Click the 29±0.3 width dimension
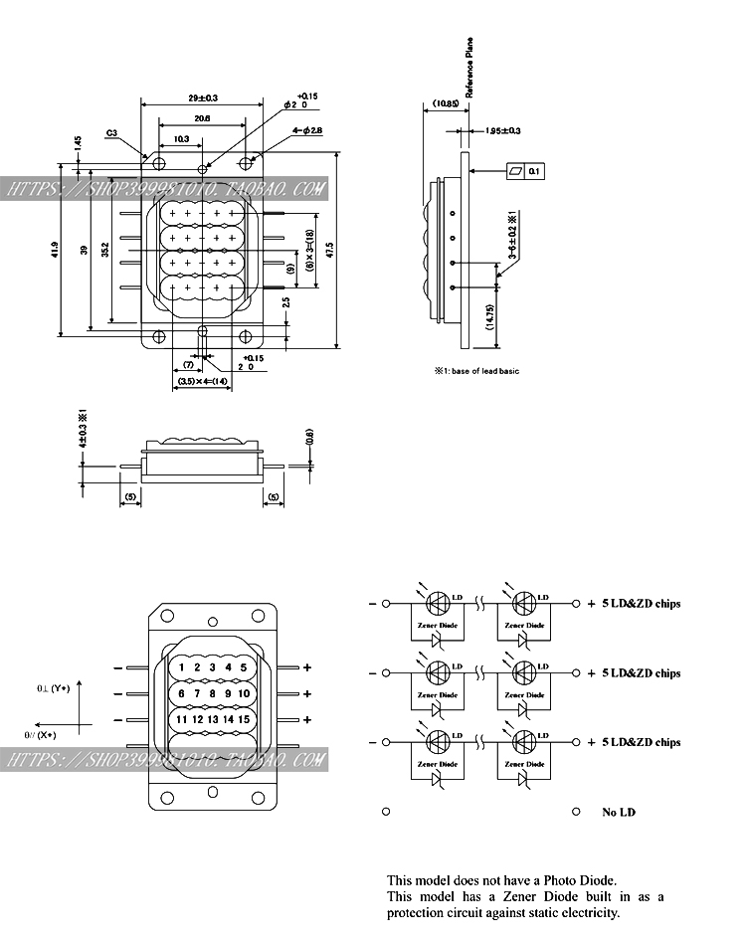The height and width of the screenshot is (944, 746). (203, 97)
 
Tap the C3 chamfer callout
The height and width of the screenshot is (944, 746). (112, 131)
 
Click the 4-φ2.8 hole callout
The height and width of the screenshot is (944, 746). (306, 130)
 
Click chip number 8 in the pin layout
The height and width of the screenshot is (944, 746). (197, 693)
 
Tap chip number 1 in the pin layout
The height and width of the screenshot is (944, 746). (182, 667)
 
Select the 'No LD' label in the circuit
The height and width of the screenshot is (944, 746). (618, 813)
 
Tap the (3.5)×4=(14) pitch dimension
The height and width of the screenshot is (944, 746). (202, 382)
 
